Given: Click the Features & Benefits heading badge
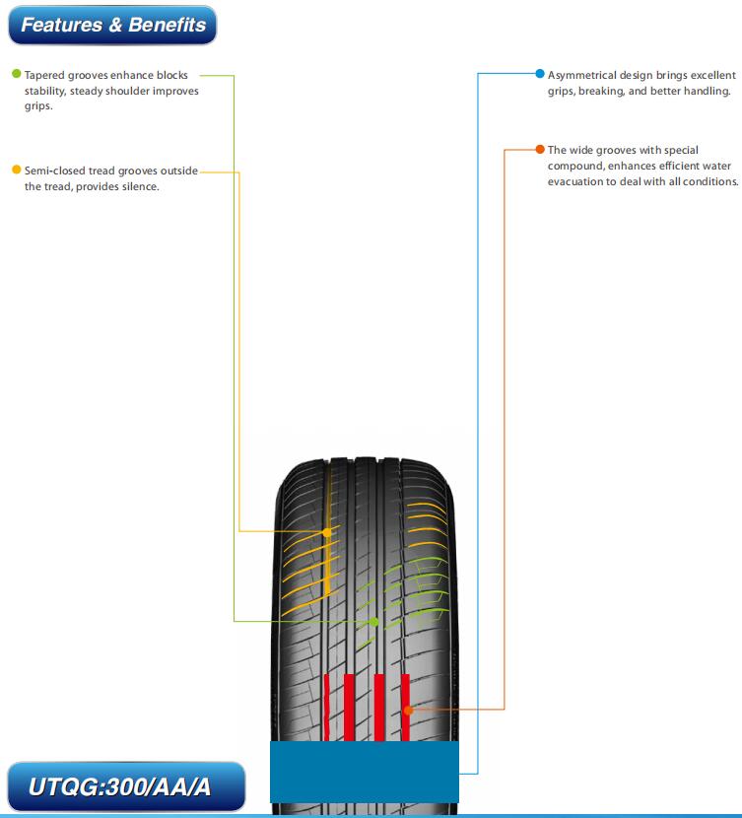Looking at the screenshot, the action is coord(112,25).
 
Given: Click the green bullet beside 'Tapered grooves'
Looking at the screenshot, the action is coord(16,74).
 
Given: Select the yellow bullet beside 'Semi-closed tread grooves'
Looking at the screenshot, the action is coord(16,170).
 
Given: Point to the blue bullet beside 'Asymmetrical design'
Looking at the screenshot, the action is coord(540,74).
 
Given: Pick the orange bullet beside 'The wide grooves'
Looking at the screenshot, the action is coord(540,149).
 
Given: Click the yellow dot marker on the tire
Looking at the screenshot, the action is coord(327,532).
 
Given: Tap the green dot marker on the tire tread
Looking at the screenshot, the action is coord(373,622).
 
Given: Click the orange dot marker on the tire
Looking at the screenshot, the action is coord(408,710).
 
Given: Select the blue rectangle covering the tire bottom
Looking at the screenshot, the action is coord(365,772).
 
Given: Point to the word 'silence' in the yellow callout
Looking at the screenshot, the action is coord(140,187).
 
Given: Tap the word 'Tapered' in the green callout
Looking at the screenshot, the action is coord(44,76).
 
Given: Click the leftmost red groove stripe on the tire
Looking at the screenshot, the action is coord(326,708).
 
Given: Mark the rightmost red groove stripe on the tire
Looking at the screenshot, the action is coord(405,708).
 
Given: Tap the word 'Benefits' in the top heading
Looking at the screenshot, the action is coord(168,25).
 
